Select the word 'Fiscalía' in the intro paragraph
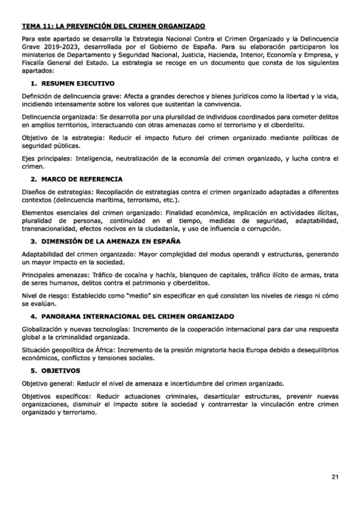click(34, 63)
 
